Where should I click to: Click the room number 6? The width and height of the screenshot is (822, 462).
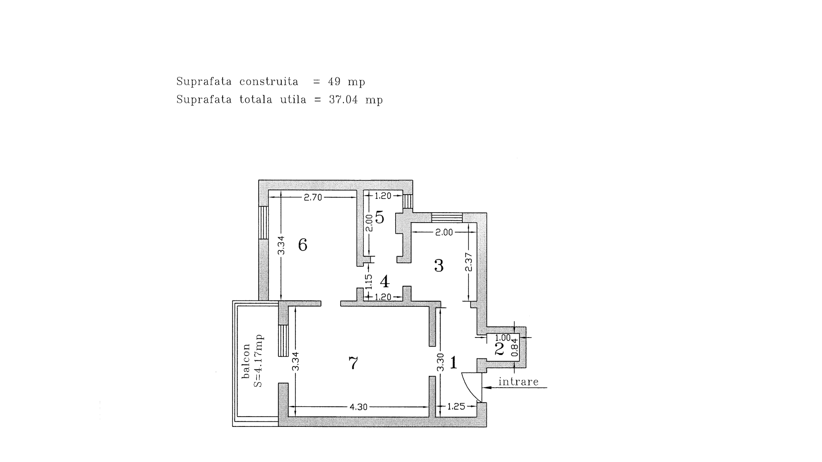pyautogui.click(x=303, y=245)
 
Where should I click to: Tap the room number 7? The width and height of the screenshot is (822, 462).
pyautogui.click(x=353, y=363)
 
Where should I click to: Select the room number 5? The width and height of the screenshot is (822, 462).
pyautogui.click(x=380, y=218)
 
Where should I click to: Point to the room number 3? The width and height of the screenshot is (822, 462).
pyautogui.click(x=439, y=266)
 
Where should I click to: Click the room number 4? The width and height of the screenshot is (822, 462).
pyautogui.click(x=384, y=281)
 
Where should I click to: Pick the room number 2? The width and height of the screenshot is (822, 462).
pyautogui.click(x=499, y=349)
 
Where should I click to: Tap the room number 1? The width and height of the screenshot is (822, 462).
pyautogui.click(x=454, y=363)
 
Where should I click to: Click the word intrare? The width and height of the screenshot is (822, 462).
pyautogui.click(x=518, y=382)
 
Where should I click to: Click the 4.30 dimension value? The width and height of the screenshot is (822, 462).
pyautogui.click(x=358, y=407)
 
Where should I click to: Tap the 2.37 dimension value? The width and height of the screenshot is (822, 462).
pyautogui.click(x=469, y=262)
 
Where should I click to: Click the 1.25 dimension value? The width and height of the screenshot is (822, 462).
pyautogui.click(x=456, y=406)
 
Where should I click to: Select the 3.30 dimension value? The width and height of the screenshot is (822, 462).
pyautogui.click(x=440, y=362)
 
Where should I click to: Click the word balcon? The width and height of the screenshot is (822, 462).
pyautogui.click(x=246, y=361)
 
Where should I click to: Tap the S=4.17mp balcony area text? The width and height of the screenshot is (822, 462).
pyautogui.click(x=258, y=361)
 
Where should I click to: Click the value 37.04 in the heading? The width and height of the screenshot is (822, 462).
pyautogui.click(x=343, y=100)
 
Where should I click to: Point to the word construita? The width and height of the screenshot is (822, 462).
pyautogui.click(x=269, y=81)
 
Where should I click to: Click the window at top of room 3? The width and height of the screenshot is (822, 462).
pyautogui.click(x=447, y=217)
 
